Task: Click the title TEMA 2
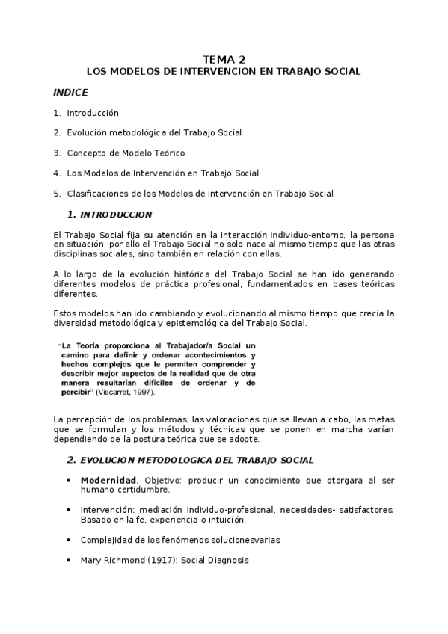224,59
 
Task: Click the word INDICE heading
70,93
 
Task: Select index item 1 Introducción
93,113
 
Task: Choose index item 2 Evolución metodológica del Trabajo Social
153,133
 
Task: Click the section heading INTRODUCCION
115,215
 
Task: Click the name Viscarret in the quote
117,392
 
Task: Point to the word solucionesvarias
233,540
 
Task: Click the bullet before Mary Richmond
69,560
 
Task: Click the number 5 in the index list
56,194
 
